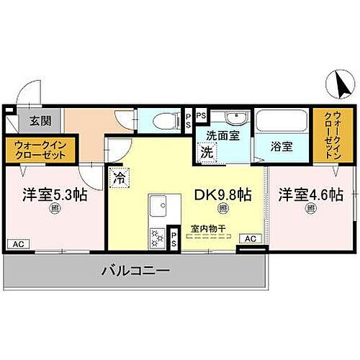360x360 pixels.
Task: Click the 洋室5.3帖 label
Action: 53,194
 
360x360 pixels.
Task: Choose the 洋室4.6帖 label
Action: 310,194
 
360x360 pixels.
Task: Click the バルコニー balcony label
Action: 135,271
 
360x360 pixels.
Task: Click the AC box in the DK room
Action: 250,238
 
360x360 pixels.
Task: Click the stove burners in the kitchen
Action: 157,236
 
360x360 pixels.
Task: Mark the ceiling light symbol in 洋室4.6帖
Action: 310,210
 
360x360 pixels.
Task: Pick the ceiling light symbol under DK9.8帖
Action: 222,210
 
